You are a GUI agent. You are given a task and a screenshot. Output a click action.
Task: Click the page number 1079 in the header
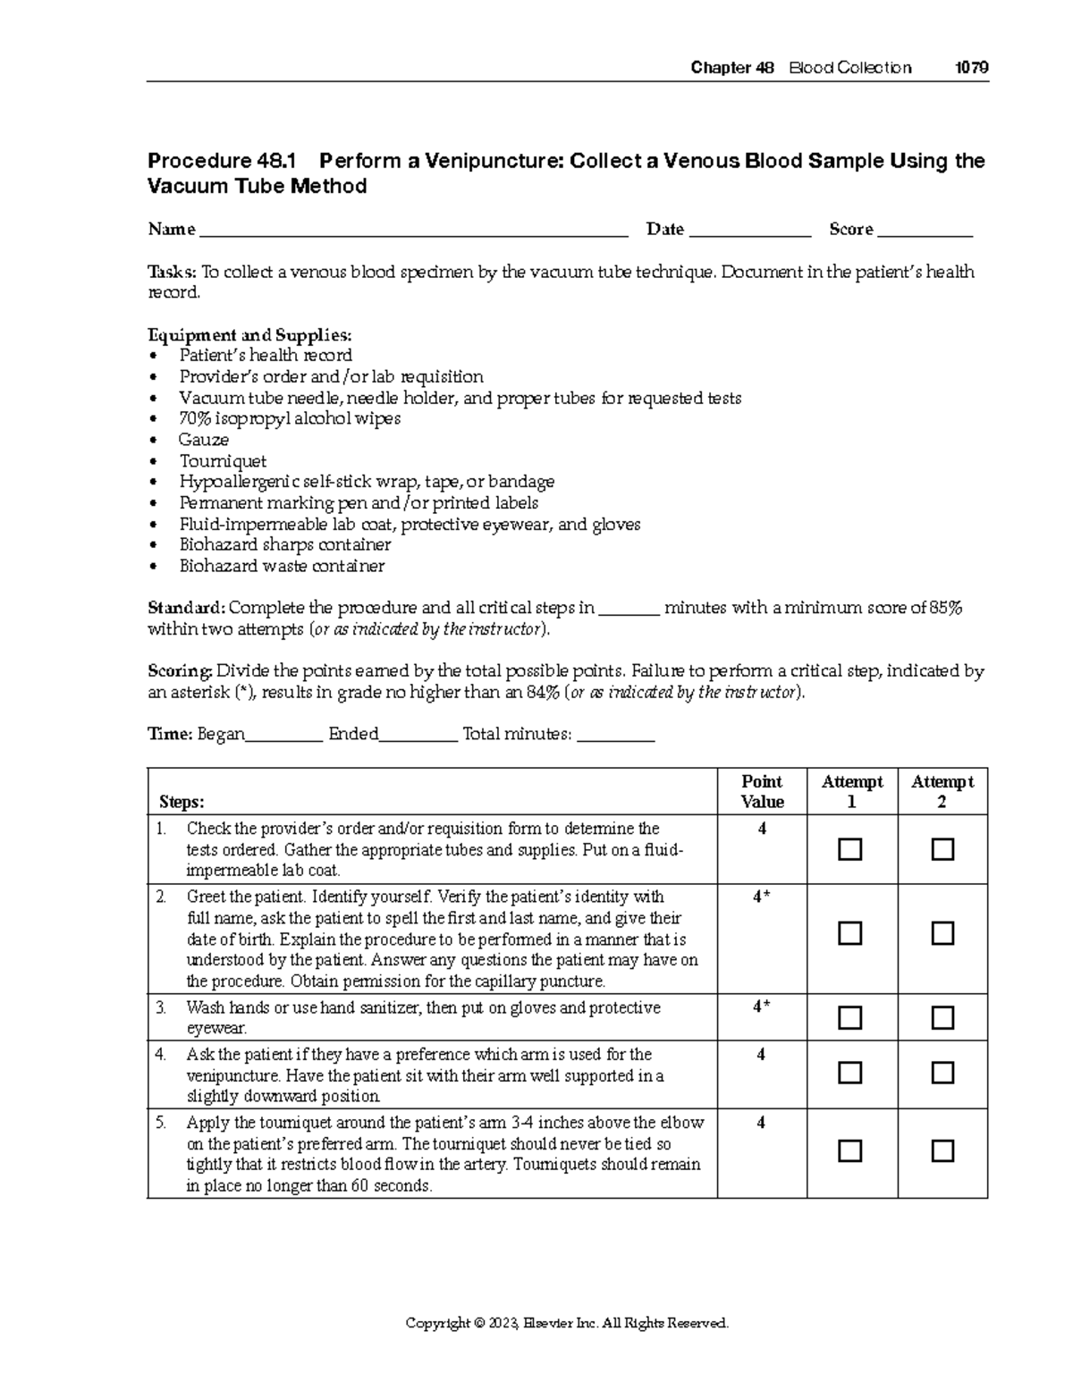(x=971, y=68)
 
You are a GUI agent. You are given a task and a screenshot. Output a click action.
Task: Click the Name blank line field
(x=413, y=231)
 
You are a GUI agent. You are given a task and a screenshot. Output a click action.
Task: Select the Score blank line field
(x=925, y=231)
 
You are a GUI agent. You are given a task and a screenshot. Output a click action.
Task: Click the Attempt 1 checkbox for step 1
(x=849, y=849)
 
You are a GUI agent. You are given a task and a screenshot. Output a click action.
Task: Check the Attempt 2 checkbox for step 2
(x=942, y=934)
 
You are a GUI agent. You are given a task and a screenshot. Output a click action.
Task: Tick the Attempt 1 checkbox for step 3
(x=849, y=1017)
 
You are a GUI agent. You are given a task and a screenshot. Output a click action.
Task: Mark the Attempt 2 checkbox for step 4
(x=942, y=1073)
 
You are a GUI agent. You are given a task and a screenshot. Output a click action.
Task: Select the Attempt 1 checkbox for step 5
(x=849, y=1150)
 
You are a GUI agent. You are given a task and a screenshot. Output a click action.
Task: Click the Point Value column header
(x=762, y=792)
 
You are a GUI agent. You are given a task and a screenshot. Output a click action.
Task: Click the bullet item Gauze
(x=204, y=440)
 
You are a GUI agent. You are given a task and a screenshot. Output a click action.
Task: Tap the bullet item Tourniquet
(x=223, y=461)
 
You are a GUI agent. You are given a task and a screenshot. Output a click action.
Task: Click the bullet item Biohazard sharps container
(x=284, y=544)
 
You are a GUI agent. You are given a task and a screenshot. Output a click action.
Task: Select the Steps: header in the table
(x=182, y=802)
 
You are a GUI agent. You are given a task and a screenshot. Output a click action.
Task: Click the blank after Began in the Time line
(x=283, y=736)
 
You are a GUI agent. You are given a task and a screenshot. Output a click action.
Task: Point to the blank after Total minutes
(x=616, y=736)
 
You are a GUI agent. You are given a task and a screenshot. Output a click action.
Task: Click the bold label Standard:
(x=186, y=609)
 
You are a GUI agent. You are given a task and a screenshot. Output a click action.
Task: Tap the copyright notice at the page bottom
(x=567, y=1323)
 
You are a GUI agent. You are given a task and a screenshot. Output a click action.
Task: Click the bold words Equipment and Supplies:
(x=249, y=335)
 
